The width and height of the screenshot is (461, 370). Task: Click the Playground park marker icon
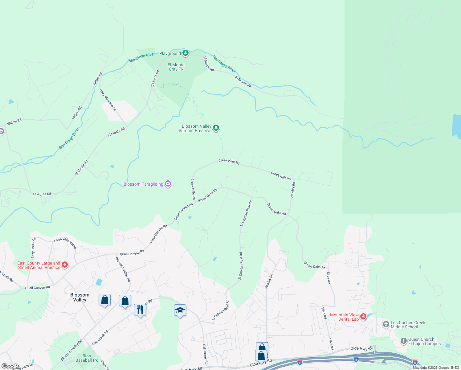[x=185, y=53]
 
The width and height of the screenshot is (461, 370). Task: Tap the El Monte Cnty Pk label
[x=176, y=67]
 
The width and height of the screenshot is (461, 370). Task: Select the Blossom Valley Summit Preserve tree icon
[x=216, y=128]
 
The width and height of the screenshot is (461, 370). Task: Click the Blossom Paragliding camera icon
[x=168, y=184]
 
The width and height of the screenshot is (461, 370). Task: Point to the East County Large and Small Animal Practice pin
[x=65, y=265]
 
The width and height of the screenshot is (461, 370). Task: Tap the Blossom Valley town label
[x=80, y=297]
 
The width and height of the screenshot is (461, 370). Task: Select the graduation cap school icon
[x=180, y=310]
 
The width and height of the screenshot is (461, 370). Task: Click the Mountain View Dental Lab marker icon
[x=363, y=317]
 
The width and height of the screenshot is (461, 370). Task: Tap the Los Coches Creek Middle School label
[x=408, y=325]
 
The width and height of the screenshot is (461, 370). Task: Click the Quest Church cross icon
[x=403, y=341]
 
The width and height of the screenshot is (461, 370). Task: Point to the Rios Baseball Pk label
[x=87, y=358]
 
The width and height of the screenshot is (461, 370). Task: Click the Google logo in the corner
[x=10, y=366]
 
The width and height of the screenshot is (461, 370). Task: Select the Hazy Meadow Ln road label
[x=108, y=100]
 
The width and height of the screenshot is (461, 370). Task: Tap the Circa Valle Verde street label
[x=65, y=243]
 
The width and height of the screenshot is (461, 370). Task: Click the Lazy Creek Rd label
[x=33, y=248]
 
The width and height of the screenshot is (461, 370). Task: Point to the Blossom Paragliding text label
[x=143, y=184]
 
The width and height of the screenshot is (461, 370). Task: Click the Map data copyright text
[x=436, y=368]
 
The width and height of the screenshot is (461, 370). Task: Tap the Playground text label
[x=170, y=53]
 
